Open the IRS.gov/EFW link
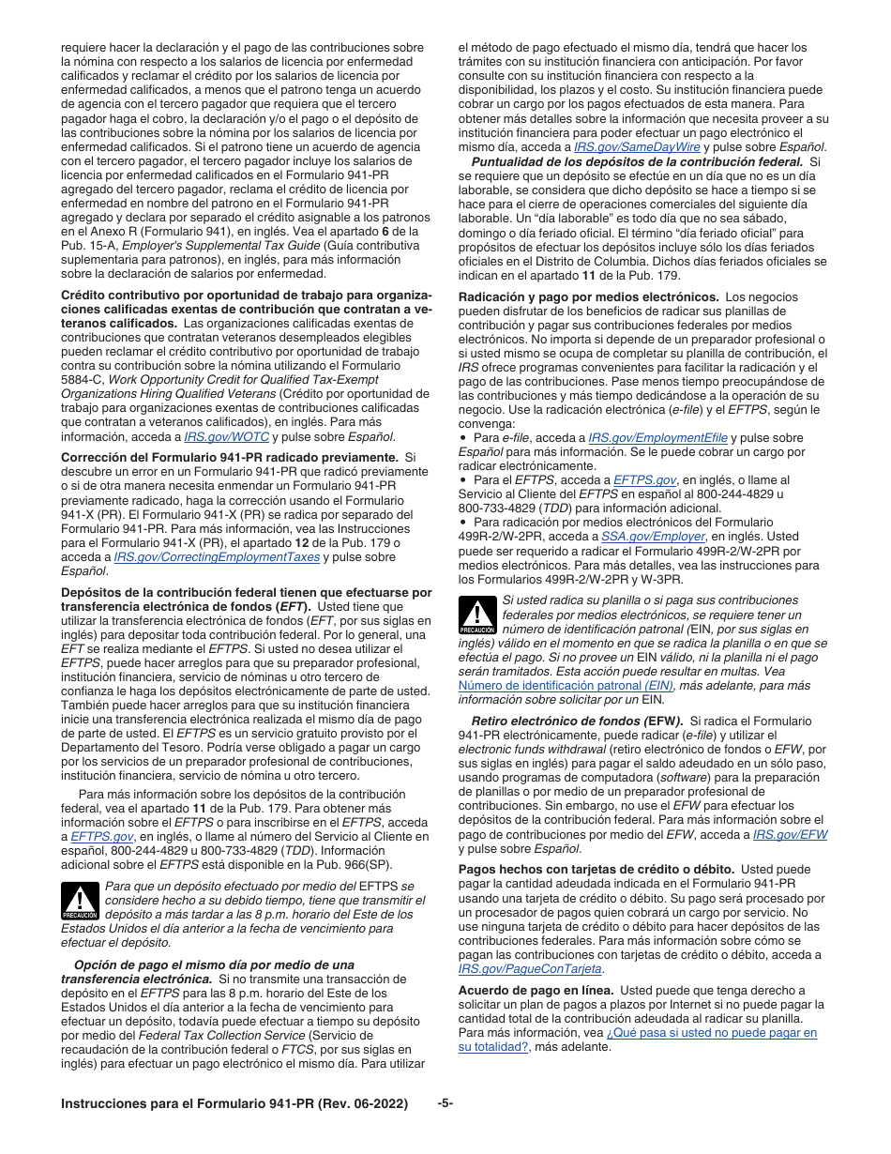(x=790, y=834)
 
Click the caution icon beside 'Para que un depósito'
(x=80, y=901)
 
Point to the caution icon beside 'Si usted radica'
(x=477, y=615)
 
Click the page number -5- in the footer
(x=445, y=1103)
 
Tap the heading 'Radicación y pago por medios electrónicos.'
(x=588, y=296)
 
